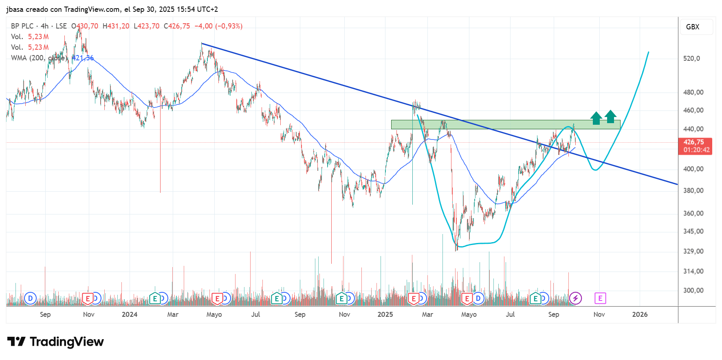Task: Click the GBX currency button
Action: pyautogui.click(x=693, y=27)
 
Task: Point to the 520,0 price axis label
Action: pyautogui.click(x=691, y=59)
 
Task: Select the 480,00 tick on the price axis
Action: pyautogui.click(x=693, y=93)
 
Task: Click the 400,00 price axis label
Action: pyautogui.click(x=693, y=169)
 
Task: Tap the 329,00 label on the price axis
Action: pyautogui.click(x=693, y=252)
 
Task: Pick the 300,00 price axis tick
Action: pyautogui.click(x=693, y=291)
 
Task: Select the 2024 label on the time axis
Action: pyautogui.click(x=130, y=314)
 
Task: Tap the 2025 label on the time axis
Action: pyautogui.click(x=385, y=314)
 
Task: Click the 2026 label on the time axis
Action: pyautogui.click(x=640, y=314)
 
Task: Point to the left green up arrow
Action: pyautogui.click(x=596, y=118)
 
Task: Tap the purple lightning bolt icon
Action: pyautogui.click(x=575, y=298)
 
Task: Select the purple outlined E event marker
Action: pyautogui.click(x=600, y=298)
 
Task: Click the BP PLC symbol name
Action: pyautogui.click(x=22, y=26)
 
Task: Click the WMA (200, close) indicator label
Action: pyautogui.click(x=38, y=58)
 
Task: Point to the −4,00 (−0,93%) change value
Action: pyautogui.click(x=218, y=26)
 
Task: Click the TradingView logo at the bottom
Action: pyautogui.click(x=56, y=342)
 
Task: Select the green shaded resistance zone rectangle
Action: pyautogui.click(x=505, y=124)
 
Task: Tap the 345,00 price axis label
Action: pyautogui.click(x=693, y=232)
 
